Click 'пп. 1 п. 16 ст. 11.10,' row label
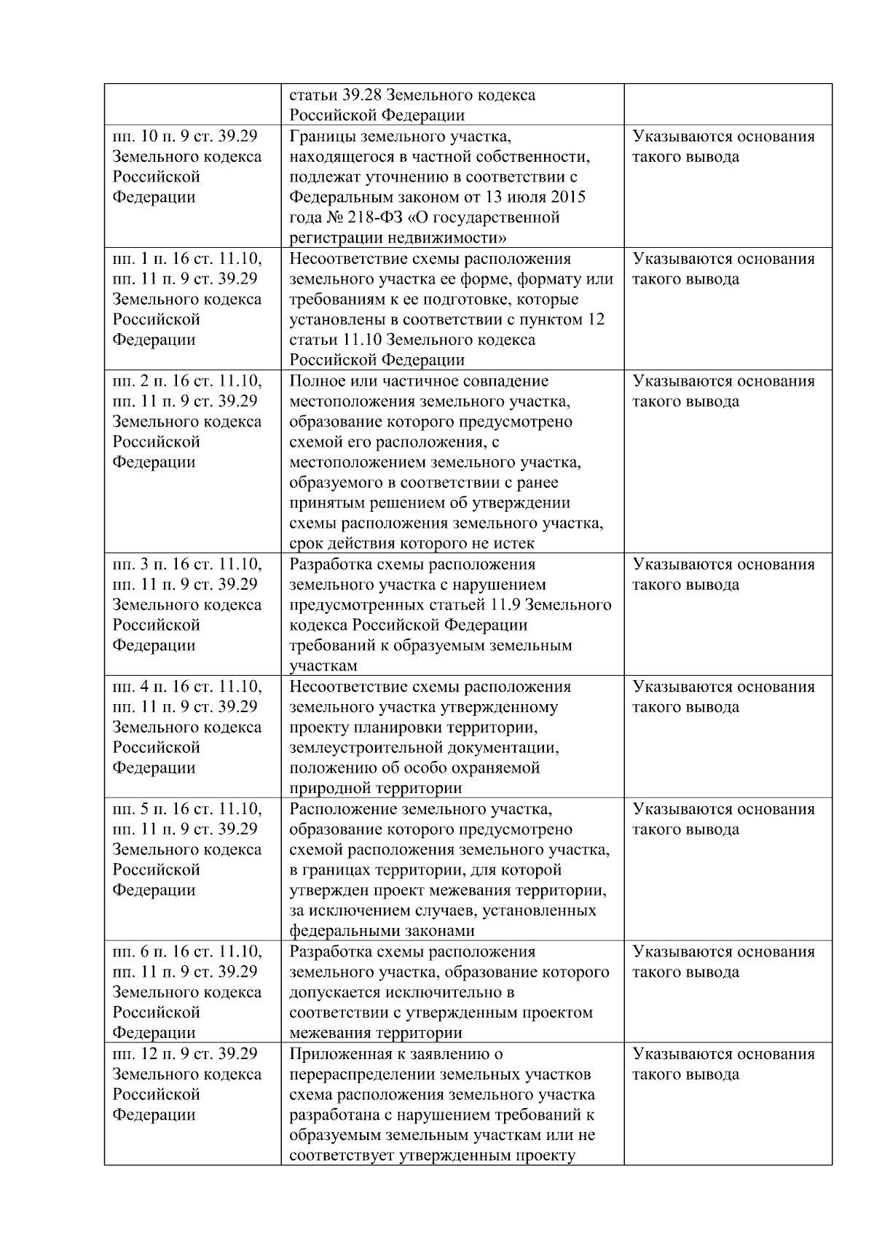coord(187,259)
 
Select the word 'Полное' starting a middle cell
coord(318,381)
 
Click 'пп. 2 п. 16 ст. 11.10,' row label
coord(187,381)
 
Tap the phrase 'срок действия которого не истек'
coord(412,544)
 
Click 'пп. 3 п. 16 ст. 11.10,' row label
coord(187,564)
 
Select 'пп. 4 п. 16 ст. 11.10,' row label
coord(187,687)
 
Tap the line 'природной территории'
coord(375,788)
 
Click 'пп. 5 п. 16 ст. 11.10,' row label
coord(187,809)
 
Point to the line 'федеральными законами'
coord(382,931)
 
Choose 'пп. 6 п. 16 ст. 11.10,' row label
coord(187,951)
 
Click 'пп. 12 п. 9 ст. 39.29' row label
coord(184,1053)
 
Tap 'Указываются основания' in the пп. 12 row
coord(723,1053)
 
